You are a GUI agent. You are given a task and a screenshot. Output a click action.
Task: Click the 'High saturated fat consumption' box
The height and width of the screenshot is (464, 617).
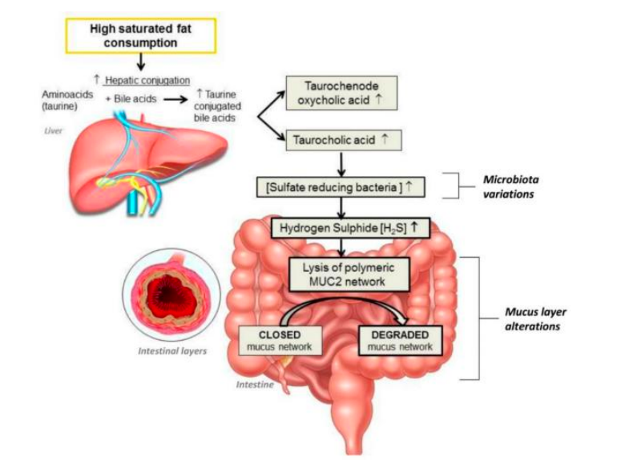(140, 36)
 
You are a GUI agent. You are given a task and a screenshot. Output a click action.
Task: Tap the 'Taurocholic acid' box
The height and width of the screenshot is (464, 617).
(340, 139)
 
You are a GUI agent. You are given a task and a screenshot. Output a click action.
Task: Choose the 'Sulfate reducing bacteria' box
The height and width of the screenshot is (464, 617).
(340, 186)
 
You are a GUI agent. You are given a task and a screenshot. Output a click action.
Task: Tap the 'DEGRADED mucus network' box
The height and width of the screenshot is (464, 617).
(398, 341)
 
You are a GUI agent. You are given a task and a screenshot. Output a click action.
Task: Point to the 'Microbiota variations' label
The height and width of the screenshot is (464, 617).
(514, 186)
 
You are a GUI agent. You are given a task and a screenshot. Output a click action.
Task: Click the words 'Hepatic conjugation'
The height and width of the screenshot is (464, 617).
(147, 79)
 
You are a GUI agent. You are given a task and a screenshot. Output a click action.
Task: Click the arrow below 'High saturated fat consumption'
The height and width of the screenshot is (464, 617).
(140, 61)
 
